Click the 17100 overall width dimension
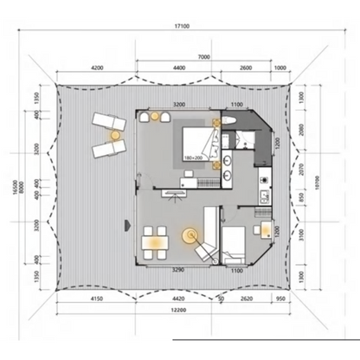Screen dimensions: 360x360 tap(179, 27)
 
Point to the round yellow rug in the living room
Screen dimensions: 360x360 tap(189, 235)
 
